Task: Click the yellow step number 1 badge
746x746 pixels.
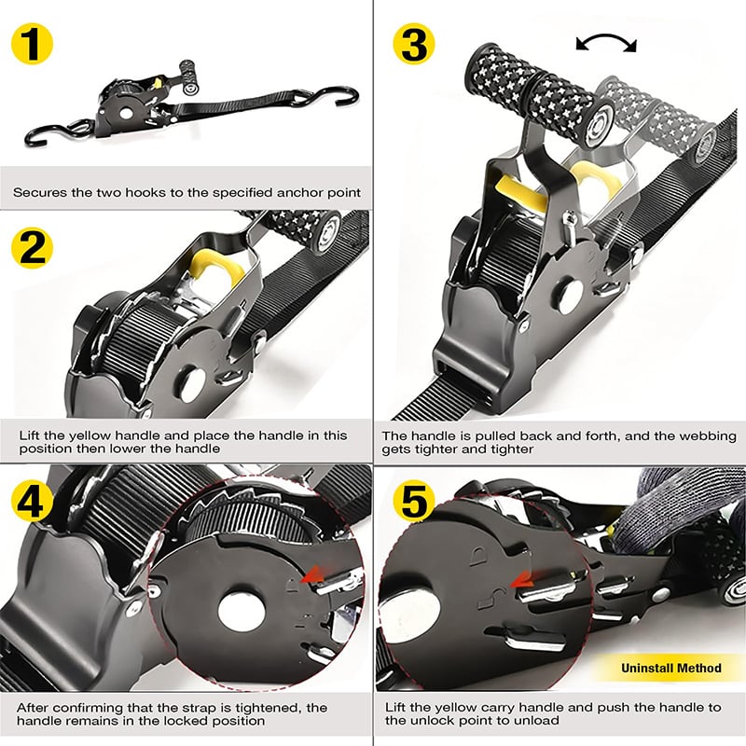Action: click(x=32, y=44)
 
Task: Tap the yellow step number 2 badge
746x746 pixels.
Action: click(x=32, y=248)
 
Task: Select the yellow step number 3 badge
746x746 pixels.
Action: click(x=414, y=44)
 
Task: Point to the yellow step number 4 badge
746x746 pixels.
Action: click(x=32, y=500)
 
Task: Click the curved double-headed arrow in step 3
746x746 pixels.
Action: click(x=605, y=37)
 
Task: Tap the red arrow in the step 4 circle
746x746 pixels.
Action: click(x=311, y=575)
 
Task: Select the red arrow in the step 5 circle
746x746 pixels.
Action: click(x=521, y=580)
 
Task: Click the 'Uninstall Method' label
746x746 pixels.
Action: click(x=670, y=668)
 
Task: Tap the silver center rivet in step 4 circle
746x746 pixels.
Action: click(x=242, y=610)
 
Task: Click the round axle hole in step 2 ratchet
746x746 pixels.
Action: click(x=192, y=384)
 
